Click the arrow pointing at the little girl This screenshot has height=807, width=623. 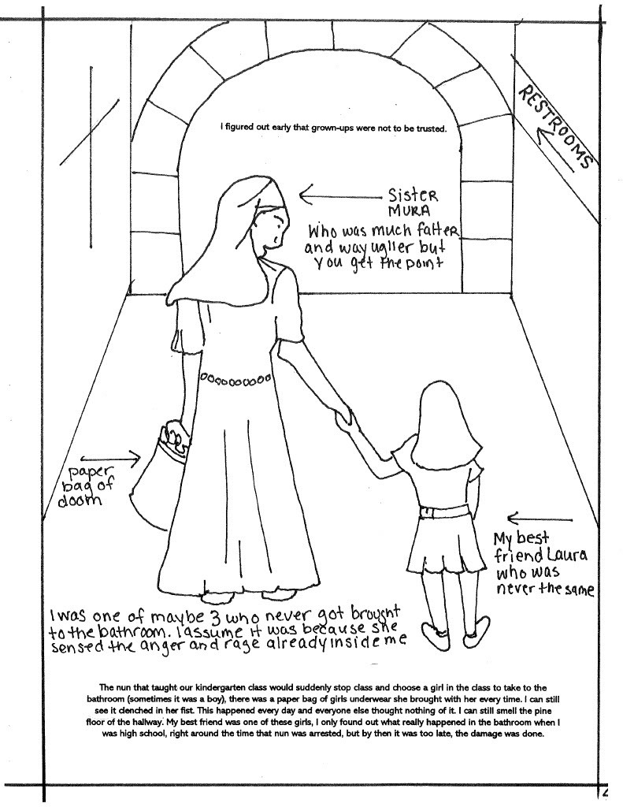pyautogui.click(x=540, y=518)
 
